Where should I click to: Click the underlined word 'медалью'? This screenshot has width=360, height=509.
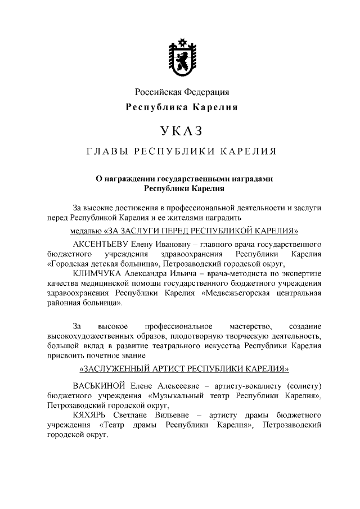(x=86, y=231)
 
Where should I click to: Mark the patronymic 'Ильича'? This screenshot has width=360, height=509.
(x=169, y=273)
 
